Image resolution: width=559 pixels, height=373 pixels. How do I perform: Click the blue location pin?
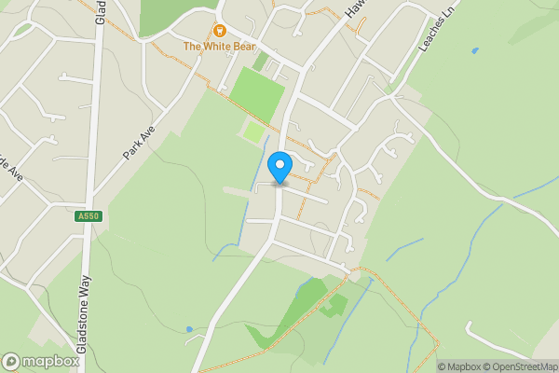coord(279,169)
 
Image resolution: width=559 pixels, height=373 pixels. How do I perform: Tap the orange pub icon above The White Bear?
coord(220,31)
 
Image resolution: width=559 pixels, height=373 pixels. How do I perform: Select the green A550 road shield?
coord(86,216)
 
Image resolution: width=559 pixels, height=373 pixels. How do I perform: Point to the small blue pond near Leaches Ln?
coord(475,50)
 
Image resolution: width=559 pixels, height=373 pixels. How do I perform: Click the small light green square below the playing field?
coord(254,133)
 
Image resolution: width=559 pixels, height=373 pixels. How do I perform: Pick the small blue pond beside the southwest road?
coord(189,329)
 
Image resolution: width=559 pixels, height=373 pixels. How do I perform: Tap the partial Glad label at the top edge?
coord(100,11)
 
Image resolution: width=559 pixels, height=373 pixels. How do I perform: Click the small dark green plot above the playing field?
coord(262,62)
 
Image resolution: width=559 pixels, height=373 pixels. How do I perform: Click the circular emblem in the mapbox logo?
coord(11,361)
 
